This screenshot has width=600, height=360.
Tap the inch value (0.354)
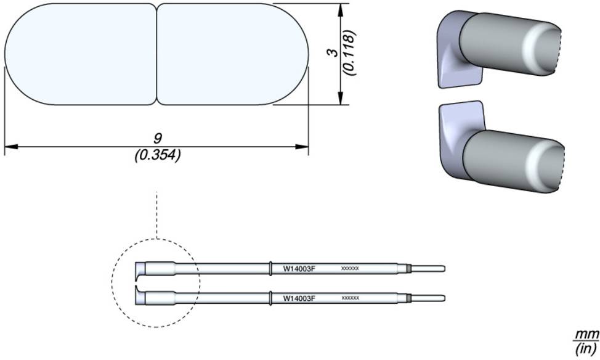(x=157, y=155)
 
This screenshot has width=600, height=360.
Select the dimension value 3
(x=332, y=54)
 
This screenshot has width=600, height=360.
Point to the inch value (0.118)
(x=349, y=54)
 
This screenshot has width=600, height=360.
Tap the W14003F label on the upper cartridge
(x=299, y=269)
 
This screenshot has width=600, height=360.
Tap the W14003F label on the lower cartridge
(x=299, y=298)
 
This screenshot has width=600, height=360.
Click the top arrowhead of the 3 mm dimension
(x=340, y=9)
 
